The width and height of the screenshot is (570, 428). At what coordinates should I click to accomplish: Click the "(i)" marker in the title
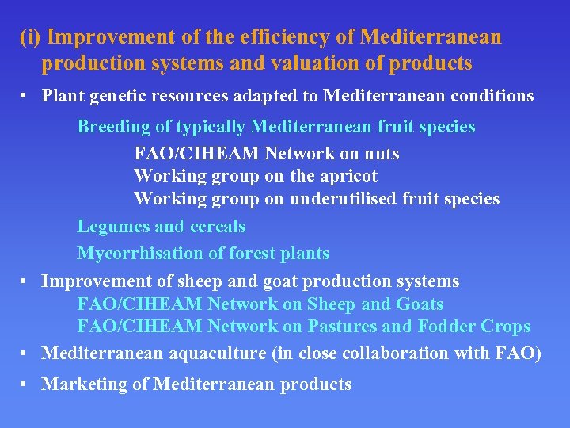click(x=32, y=37)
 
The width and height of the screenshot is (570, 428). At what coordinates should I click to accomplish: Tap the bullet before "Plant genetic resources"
click(x=26, y=97)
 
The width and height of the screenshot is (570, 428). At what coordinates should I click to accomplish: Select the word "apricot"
click(x=347, y=175)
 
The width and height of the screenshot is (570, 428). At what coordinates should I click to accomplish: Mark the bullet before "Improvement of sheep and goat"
click(x=26, y=281)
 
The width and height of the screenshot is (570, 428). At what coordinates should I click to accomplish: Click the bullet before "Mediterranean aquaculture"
click(x=26, y=353)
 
